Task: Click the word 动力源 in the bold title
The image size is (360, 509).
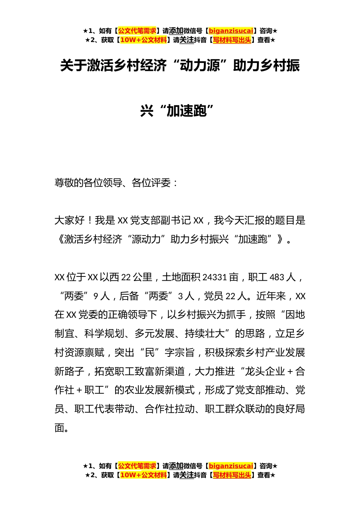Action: tap(200, 66)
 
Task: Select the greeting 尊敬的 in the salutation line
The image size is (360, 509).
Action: tap(69, 183)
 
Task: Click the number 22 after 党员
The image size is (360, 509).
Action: tap(230, 296)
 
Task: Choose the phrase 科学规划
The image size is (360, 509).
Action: tap(104, 334)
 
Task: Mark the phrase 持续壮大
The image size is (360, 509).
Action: tap(205, 334)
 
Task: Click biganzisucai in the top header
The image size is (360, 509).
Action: tap(231, 31)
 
